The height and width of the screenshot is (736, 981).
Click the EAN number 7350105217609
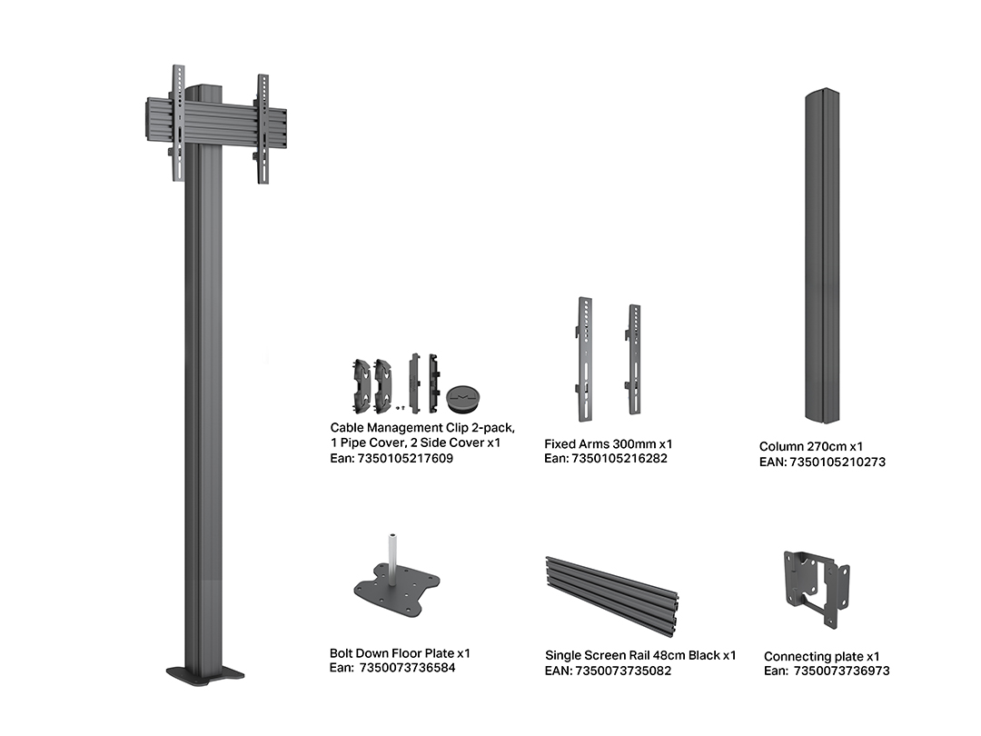(405, 458)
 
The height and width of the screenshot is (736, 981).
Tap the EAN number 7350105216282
(619, 458)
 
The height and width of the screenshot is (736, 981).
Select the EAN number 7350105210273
(837, 462)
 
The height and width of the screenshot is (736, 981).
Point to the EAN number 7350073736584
(407, 668)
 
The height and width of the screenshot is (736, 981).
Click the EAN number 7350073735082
(623, 671)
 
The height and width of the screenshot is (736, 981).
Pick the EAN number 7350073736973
(841, 671)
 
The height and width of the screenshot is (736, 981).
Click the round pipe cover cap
(463, 399)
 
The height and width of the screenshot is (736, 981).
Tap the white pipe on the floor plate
(392, 559)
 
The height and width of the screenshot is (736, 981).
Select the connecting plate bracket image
(817, 589)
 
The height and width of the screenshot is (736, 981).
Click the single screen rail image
(612, 595)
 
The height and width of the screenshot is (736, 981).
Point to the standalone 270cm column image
(822, 256)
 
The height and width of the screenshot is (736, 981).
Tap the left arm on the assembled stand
(178, 123)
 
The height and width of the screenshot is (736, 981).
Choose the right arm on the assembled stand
(263, 129)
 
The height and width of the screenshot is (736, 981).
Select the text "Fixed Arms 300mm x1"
(608, 443)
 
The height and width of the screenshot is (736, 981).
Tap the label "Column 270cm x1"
(811, 447)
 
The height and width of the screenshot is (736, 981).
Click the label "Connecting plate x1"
(821, 657)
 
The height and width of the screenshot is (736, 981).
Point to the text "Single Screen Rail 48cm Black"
(632, 655)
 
